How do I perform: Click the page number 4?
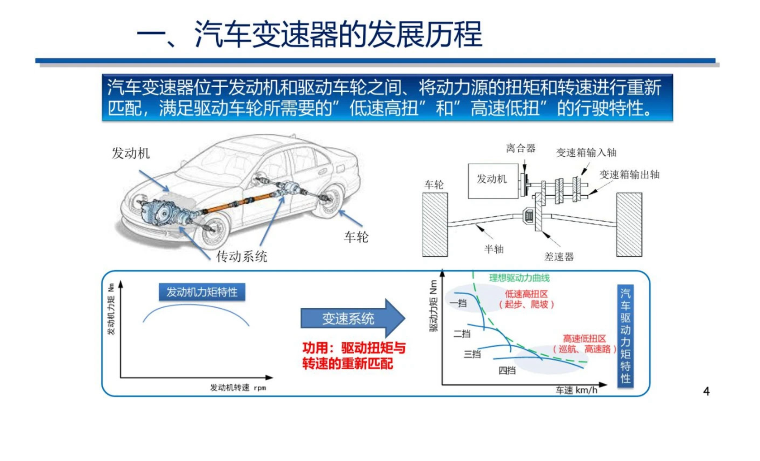click(x=706, y=391)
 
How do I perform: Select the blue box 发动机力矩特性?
click(x=202, y=292)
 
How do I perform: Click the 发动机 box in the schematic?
click(x=492, y=180)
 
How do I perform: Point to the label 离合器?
click(x=521, y=148)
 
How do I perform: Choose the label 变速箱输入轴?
click(x=586, y=153)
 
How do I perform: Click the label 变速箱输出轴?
click(x=629, y=174)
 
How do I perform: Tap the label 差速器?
click(x=559, y=257)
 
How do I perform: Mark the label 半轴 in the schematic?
click(x=494, y=249)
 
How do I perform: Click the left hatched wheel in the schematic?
click(x=435, y=225)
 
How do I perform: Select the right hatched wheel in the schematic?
click(x=629, y=225)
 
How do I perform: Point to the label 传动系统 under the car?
click(x=242, y=257)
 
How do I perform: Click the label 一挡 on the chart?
click(x=458, y=303)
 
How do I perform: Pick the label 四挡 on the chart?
click(x=507, y=371)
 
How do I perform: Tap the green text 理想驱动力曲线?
click(x=519, y=278)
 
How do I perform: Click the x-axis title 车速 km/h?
click(x=576, y=390)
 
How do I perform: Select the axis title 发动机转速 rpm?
click(x=238, y=388)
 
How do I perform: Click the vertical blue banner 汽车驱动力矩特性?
click(x=625, y=336)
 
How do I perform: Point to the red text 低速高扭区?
click(x=526, y=294)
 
